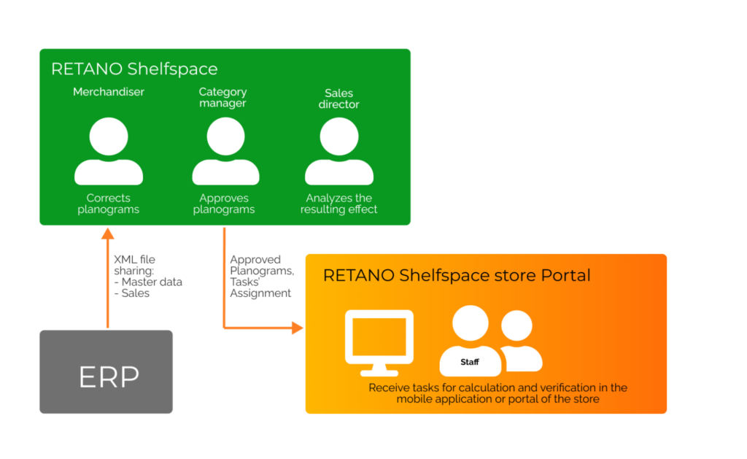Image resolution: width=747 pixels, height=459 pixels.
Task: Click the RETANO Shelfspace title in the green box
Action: click(x=134, y=69)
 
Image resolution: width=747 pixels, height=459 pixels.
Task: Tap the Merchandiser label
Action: click(x=109, y=92)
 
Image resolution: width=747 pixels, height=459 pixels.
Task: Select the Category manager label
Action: click(x=223, y=97)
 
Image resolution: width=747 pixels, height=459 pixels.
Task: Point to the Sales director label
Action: click(x=338, y=99)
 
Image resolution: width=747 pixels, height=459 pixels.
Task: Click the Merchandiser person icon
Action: click(x=109, y=151)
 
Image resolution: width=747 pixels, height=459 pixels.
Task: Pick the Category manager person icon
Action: click(x=226, y=151)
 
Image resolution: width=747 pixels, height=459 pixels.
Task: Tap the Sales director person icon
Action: click(x=339, y=151)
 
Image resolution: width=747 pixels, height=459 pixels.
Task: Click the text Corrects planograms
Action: click(x=108, y=204)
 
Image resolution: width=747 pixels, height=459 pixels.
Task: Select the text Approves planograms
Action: click(x=224, y=204)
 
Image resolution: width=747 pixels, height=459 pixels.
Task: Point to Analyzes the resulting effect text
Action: click(x=338, y=204)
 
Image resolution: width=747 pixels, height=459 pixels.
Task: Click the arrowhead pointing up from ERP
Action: click(x=108, y=234)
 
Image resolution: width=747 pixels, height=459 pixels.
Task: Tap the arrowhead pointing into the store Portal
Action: click(x=298, y=328)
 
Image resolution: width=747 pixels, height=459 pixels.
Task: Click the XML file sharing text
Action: click(x=134, y=265)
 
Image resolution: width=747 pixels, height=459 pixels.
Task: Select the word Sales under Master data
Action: click(x=135, y=293)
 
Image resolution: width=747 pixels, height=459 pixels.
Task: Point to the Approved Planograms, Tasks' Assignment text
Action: click(x=262, y=277)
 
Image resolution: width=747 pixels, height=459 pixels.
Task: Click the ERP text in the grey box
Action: click(x=109, y=377)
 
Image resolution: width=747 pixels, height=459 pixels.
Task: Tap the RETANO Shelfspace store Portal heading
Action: click(x=457, y=276)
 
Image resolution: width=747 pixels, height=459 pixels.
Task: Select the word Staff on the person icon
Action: click(x=470, y=362)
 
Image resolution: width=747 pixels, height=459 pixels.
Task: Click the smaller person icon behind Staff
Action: click(x=520, y=341)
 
